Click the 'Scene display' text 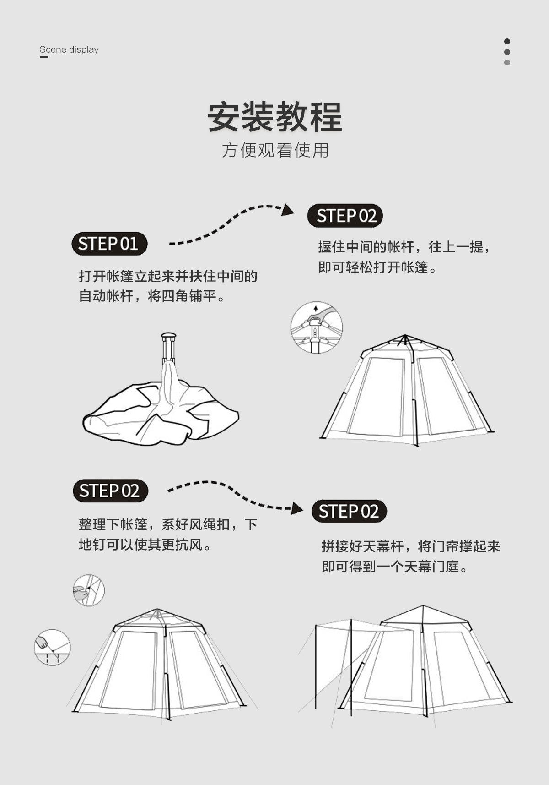[69, 49]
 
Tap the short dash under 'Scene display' [44, 57]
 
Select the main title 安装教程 [275, 117]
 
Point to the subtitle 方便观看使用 [275, 150]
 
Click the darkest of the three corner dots [507, 41]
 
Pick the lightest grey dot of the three [507, 62]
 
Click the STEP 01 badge [109, 244]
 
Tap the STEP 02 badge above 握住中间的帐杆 [345, 216]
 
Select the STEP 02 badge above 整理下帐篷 [110, 491]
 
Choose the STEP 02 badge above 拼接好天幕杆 [349, 511]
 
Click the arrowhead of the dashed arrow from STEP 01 [288, 210]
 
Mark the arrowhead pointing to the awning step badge [297, 508]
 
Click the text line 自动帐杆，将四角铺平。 [153, 296]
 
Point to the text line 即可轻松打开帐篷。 [378, 267]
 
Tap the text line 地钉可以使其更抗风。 [145, 545]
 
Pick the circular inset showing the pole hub [317, 327]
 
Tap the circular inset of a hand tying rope [88, 590]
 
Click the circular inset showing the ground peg [53, 647]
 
